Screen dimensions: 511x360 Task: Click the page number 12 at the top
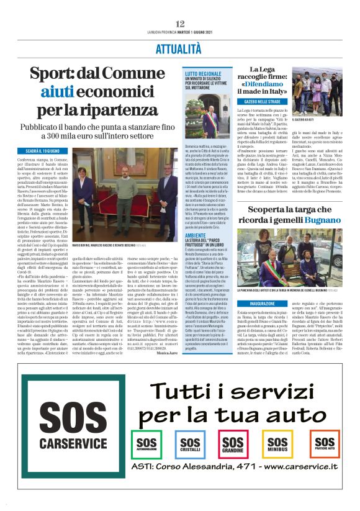tap(180, 24)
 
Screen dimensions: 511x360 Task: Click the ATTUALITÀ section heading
tap(180, 48)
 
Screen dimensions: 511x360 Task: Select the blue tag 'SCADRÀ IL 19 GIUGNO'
tap(43, 151)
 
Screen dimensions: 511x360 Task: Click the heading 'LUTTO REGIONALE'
tap(203, 73)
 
